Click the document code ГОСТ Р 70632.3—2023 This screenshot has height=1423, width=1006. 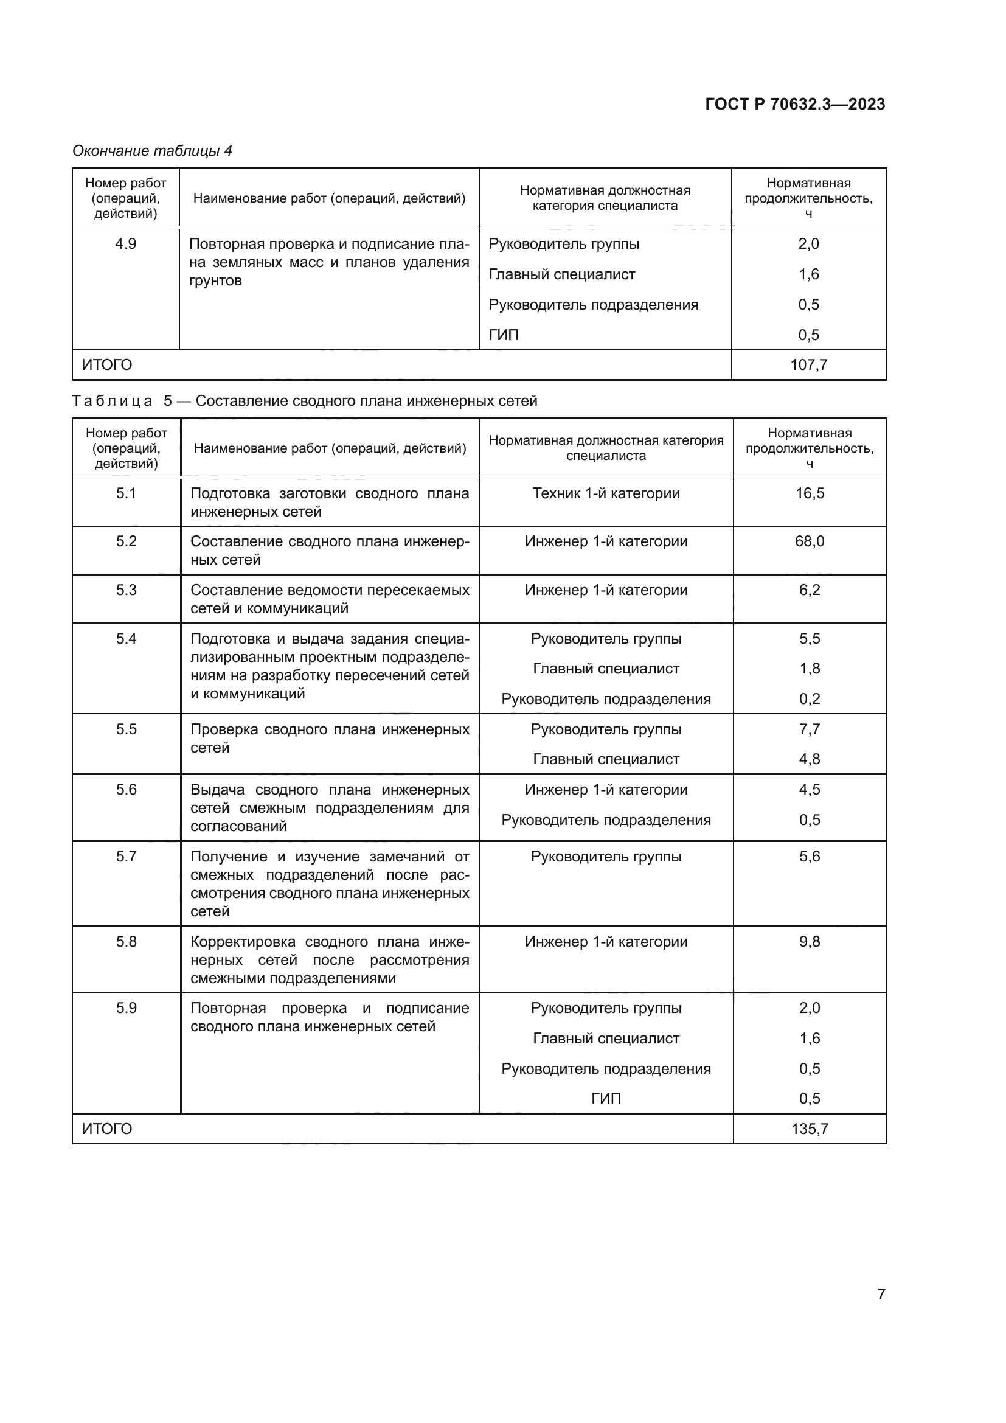click(x=795, y=104)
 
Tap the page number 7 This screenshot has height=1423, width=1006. click(x=881, y=1294)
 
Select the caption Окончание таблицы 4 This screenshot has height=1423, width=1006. click(x=152, y=151)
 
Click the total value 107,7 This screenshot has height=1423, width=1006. click(x=808, y=365)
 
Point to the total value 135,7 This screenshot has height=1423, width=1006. click(x=809, y=1129)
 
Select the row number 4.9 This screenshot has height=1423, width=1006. click(x=126, y=244)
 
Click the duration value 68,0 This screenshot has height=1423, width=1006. click(x=809, y=541)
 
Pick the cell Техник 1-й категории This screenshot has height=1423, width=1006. click(x=606, y=493)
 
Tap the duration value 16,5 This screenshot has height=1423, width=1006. click(x=809, y=493)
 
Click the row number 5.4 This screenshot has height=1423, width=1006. click(x=126, y=638)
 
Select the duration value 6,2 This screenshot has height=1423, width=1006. click(x=809, y=590)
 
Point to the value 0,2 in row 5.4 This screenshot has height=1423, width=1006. click(x=809, y=699)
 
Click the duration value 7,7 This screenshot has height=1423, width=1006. click(x=809, y=729)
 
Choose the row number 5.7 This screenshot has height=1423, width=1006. click(x=126, y=857)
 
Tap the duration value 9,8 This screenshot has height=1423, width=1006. click(x=809, y=941)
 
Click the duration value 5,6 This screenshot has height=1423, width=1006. click(x=809, y=857)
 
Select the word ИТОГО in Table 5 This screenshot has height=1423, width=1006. click(x=107, y=1129)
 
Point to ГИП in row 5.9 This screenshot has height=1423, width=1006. click(x=606, y=1098)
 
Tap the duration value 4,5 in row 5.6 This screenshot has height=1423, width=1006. click(x=809, y=790)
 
